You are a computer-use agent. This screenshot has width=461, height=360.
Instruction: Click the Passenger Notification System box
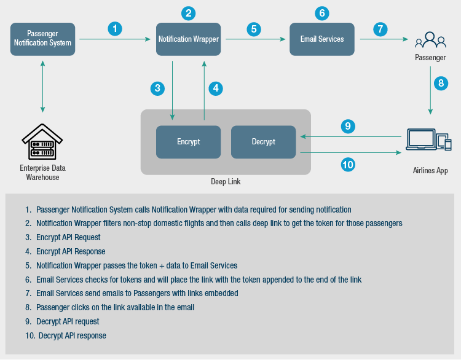tap(43, 39)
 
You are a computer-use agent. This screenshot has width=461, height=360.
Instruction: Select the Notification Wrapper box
tap(188, 39)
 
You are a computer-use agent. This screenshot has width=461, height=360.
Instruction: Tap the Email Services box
tap(322, 39)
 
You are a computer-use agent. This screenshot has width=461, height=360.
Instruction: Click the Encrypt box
tap(188, 142)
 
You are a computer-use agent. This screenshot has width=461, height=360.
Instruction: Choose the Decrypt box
tap(263, 142)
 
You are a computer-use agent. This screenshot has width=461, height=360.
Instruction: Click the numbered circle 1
tap(114, 28)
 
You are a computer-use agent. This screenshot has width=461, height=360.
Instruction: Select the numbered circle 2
tap(188, 12)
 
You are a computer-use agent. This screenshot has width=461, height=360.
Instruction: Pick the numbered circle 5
tap(254, 28)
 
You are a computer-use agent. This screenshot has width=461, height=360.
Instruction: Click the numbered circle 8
tap(440, 84)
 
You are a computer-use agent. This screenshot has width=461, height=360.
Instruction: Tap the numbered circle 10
tap(348, 165)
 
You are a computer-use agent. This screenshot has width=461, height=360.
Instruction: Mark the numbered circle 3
tap(158, 88)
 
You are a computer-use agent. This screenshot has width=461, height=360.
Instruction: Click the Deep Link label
tap(226, 182)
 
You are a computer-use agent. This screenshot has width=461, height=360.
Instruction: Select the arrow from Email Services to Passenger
tap(384, 39)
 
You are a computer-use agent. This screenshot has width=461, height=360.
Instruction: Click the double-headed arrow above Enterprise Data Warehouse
tap(42, 86)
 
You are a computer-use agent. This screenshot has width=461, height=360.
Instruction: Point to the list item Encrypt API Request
tap(68, 237)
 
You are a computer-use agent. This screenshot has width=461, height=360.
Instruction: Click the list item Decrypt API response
tap(72, 335)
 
